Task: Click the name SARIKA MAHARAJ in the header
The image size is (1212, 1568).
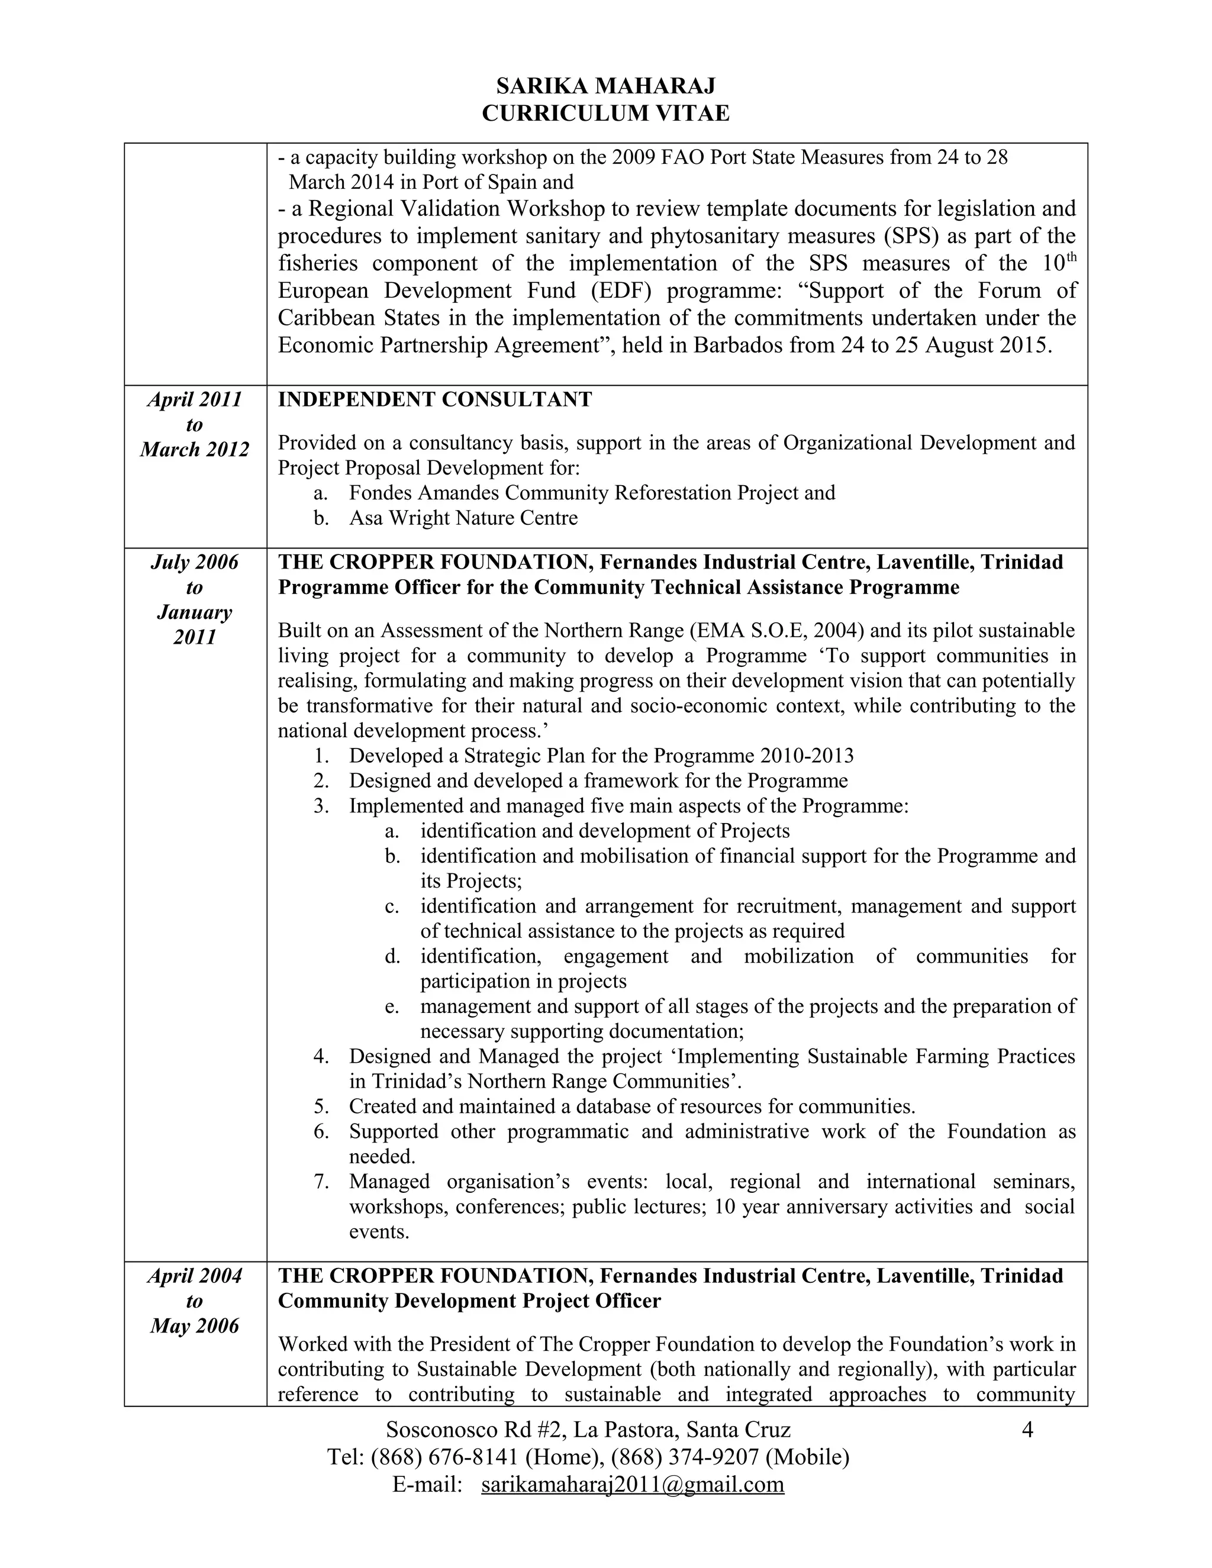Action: pyautogui.click(x=605, y=86)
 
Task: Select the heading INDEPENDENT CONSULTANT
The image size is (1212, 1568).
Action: pyautogui.click(x=434, y=400)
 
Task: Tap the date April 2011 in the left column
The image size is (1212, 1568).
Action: pyautogui.click(x=195, y=399)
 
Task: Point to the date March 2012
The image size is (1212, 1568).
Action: pyautogui.click(x=195, y=450)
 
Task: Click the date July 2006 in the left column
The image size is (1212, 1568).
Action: pyautogui.click(x=195, y=562)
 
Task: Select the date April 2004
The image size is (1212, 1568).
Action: pyautogui.click(x=195, y=1276)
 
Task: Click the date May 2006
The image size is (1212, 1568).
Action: pyautogui.click(x=195, y=1325)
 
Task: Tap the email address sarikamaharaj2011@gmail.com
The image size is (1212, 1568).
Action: pyautogui.click(x=633, y=1484)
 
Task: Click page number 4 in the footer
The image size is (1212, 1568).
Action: pyautogui.click(x=1027, y=1430)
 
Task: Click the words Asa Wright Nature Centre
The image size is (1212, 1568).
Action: pyautogui.click(x=463, y=518)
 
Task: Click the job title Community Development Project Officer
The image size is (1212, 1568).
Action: pyautogui.click(x=469, y=1301)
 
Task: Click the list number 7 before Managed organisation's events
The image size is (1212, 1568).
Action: pyautogui.click(x=321, y=1181)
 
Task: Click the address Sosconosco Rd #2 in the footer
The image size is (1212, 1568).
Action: pyautogui.click(x=475, y=1430)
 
